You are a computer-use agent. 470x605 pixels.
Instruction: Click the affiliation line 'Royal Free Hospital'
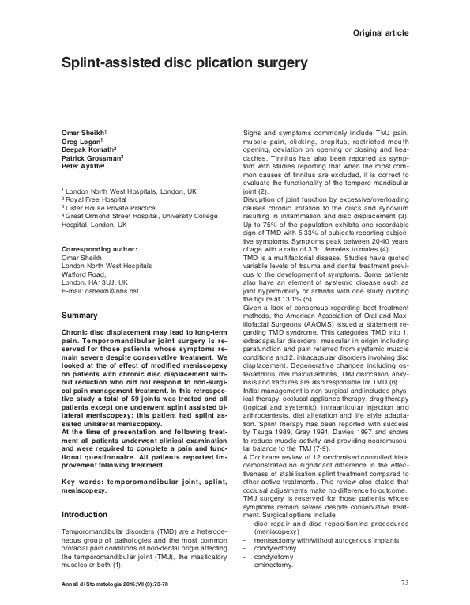pyautogui.click(x=96, y=199)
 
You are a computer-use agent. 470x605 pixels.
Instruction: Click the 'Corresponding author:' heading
pyautogui.click(x=100, y=249)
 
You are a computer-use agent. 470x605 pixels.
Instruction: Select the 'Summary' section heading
pyautogui.click(x=79, y=316)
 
